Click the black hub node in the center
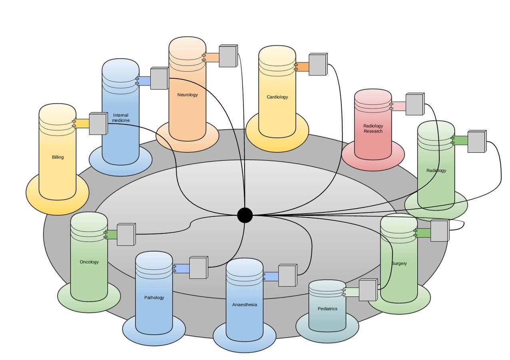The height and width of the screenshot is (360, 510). [x=245, y=215]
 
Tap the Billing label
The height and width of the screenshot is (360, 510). [x=58, y=157]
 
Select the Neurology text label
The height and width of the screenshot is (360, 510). [x=187, y=95]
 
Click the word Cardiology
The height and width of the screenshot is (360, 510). [x=277, y=97]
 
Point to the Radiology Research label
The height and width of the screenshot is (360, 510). [x=373, y=128]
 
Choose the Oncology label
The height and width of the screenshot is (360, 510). [x=89, y=262]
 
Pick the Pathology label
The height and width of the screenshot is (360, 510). [x=154, y=298]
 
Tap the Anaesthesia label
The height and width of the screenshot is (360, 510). [x=245, y=304]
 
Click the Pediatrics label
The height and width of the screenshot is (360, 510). [x=327, y=309]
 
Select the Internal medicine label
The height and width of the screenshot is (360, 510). [x=121, y=118]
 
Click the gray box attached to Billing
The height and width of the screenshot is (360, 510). [x=98, y=123]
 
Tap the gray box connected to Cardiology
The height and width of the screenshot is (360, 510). [x=318, y=65]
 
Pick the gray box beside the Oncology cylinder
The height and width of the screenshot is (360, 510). [x=126, y=234]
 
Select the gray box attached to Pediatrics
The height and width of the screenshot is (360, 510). [x=368, y=290]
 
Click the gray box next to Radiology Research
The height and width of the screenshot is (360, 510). [x=414, y=104]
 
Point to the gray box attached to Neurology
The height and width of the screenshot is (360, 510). [x=228, y=56]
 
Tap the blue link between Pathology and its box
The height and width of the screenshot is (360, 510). [x=182, y=268]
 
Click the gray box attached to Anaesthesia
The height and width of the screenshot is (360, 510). [x=287, y=275]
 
